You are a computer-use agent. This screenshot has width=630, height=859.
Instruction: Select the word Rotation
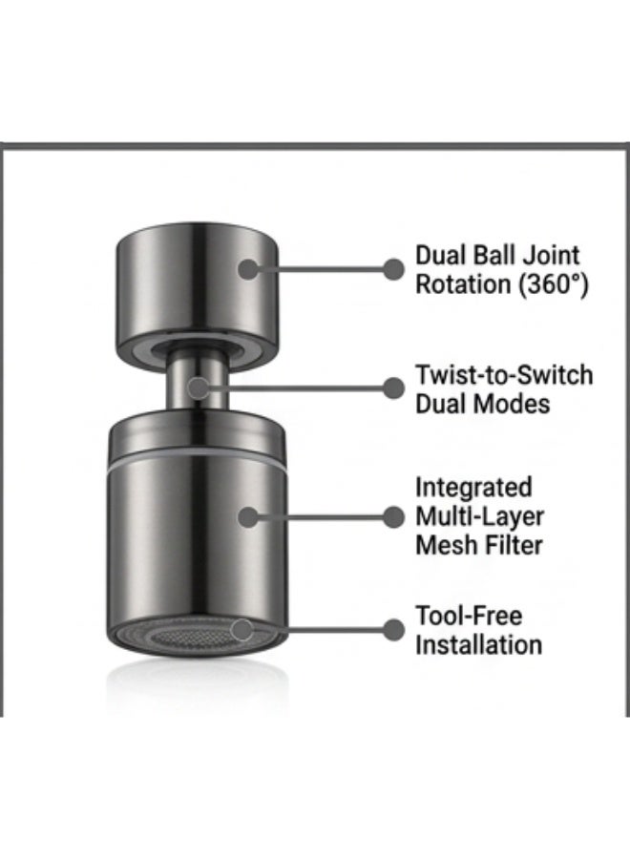coord(463,284)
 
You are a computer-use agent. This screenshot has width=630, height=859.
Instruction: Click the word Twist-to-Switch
coord(504,375)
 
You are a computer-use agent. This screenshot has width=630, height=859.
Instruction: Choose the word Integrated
coord(473,488)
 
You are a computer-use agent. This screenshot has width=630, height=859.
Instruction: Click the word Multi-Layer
coord(479,516)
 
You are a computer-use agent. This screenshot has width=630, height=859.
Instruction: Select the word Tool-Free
coord(469,616)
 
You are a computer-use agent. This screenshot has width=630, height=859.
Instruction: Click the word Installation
coord(478,645)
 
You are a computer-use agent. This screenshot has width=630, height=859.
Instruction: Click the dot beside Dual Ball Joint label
coord(392,269)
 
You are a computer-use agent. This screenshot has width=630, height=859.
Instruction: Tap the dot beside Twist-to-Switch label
coord(392,388)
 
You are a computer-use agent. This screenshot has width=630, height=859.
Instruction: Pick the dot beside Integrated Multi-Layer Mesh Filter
coord(392,517)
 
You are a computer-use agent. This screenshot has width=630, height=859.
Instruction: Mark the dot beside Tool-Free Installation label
coord(392,630)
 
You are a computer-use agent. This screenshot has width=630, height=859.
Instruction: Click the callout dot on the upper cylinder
coord(249,269)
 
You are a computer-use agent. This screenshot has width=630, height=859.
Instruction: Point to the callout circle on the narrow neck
coord(199,388)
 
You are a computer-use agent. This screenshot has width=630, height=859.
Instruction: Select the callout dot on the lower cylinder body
coord(249,517)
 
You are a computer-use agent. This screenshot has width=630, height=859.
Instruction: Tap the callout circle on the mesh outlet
coord(241,630)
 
